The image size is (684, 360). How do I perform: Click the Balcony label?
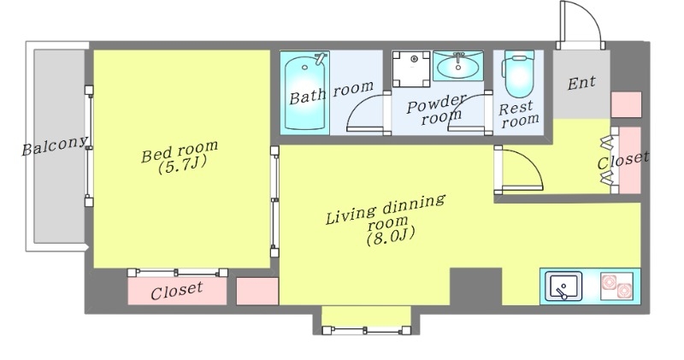(55, 145)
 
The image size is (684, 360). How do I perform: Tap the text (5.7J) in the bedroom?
(181, 165)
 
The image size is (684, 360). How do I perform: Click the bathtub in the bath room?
(304, 92)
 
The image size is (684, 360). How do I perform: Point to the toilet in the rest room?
(518, 74)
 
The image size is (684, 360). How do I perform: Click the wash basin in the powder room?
(458, 66)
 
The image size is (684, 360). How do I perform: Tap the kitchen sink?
(563, 286)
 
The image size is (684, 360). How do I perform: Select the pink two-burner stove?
(616, 286)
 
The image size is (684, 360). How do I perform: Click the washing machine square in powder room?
(411, 68)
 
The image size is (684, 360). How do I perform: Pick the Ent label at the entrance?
(581, 83)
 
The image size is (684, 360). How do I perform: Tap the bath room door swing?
(366, 113)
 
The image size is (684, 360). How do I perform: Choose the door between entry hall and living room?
(519, 170)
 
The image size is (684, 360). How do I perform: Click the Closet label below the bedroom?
(177, 291)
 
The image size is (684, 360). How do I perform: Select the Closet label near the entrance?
(622, 160)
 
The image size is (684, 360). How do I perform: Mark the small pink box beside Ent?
(626, 104)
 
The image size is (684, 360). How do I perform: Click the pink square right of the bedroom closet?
(257, 291)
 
